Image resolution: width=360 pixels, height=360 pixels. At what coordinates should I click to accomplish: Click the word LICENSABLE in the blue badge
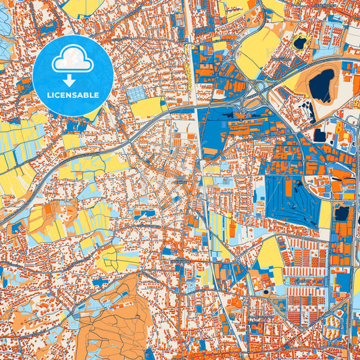click(72, 95)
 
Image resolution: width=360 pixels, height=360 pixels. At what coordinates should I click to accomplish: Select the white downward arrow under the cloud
click(72, 80)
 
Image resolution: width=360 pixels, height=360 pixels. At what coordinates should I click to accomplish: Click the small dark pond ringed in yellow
click(299, 43)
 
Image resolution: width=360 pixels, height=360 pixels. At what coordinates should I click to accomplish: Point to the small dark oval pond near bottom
click(266, 292)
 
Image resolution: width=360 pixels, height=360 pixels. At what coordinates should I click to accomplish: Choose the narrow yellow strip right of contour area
click(326, 215)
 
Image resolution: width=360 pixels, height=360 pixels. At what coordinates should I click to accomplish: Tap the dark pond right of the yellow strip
click(342, 213)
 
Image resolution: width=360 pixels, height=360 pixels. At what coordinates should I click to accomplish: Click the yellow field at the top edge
click(84, 7)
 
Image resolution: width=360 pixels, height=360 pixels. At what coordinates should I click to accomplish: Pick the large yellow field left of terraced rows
click(267, 250)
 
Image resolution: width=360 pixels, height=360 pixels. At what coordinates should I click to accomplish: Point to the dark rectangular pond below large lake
click(319, 134)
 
